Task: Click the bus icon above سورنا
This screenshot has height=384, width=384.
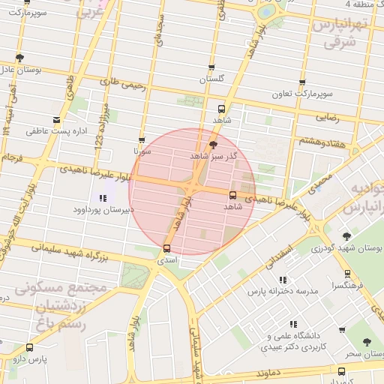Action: tap(142, 140)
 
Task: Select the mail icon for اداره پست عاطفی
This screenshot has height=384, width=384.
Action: tap(57, 120)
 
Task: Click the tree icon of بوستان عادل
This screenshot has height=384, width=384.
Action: tap(19, 58)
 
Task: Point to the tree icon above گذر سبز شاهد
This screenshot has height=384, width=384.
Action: tap(214, 144)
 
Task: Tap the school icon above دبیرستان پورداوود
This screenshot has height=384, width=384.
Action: tap(101, 198)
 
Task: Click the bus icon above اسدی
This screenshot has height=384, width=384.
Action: tap(166, 247)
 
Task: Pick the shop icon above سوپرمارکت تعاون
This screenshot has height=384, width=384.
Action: tap(302, 83)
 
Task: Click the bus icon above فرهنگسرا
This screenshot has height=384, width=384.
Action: tap(347, 274)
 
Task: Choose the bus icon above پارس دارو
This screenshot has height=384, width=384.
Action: tap(29, 347)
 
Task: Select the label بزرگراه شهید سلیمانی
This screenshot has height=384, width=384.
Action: tap(79, 251)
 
